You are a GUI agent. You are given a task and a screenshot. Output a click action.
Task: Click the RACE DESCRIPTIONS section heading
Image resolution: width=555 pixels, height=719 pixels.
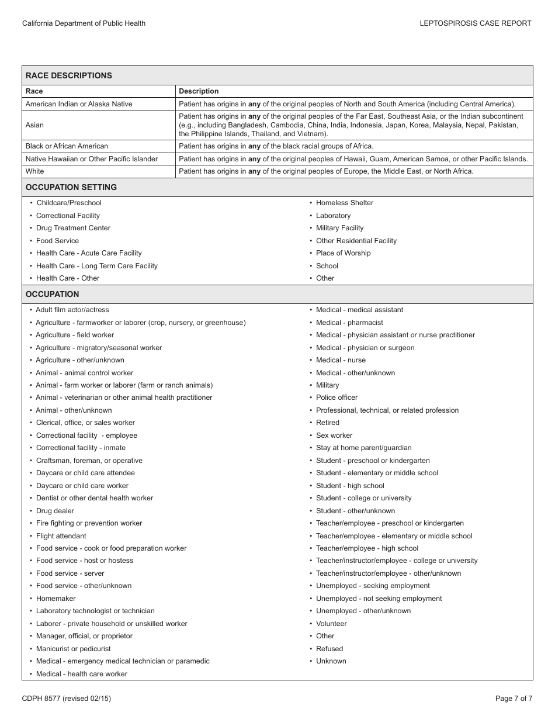coord(69,75)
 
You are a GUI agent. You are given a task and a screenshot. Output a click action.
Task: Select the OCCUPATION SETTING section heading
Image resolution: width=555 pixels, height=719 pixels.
coord(71,187)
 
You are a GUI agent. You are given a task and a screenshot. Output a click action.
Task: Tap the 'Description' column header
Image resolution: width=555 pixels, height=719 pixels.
coord(199,91)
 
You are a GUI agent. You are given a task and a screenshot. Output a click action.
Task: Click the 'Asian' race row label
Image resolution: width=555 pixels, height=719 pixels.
coord(34,125)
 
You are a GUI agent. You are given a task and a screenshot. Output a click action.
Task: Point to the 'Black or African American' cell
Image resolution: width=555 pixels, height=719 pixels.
coord(67,146)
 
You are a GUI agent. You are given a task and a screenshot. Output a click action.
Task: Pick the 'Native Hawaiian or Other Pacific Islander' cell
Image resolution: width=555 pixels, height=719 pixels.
coord(92,159)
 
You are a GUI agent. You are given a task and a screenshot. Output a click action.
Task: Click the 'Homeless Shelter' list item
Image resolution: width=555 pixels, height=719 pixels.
coord(344,203)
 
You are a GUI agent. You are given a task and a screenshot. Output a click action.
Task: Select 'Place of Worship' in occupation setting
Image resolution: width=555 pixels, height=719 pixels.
coord(343,253)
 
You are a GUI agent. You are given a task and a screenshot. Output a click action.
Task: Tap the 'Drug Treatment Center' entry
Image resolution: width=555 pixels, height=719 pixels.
coord(73,228)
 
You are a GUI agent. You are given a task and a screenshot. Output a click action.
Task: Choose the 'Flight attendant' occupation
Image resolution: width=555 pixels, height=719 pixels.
coord(61,536)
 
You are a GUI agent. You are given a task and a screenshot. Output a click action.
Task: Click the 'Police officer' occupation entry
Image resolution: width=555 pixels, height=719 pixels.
coord(337,397)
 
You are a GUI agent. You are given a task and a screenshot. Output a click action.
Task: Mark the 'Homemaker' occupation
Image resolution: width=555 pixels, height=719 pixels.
coord(56,599)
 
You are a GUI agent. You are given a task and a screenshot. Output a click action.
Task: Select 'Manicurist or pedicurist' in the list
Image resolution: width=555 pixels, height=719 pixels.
coord(73,649)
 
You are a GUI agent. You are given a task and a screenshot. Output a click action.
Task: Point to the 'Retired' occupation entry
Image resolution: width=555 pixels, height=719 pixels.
coord(327,423)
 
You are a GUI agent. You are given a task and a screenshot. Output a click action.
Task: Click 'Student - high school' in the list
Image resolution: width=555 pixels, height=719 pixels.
coord(350,486)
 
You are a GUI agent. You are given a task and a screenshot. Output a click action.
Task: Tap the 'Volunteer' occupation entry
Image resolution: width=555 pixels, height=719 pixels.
coord(331,624)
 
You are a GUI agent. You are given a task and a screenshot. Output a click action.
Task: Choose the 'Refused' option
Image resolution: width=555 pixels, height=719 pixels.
coord(329,649)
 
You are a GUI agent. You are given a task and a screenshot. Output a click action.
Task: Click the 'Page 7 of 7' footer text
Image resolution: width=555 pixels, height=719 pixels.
coord(514,698)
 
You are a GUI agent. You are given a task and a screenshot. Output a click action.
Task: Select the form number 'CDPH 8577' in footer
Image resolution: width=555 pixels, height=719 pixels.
coord(41,698)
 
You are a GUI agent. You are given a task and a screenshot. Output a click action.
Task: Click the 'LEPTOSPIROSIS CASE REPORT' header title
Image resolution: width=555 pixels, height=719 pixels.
coord(475,23)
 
